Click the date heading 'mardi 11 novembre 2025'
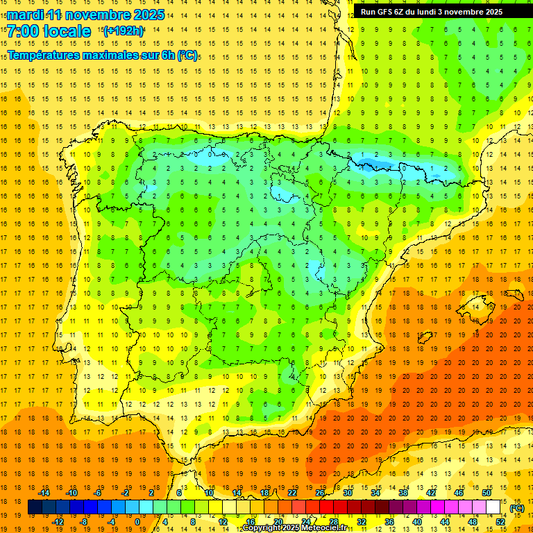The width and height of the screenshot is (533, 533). click(86, 15)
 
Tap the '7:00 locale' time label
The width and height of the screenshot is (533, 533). click(49, 31)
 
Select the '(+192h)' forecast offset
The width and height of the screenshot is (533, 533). click(124, 31)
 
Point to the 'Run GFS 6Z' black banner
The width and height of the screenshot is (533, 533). click(441, 12)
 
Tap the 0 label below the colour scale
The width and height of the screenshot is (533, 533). click(137, 522)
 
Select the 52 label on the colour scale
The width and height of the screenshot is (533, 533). click(500, 522)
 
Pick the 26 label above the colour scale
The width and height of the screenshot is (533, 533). click(320, 493)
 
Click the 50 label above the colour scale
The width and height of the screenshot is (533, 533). click(487, 493)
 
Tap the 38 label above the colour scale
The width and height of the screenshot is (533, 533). click(403, 493)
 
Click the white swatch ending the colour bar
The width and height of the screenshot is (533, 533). click(493, 507)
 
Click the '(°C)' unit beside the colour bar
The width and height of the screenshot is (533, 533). click(517, 508)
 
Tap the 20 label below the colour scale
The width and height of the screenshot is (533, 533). click(278, 522)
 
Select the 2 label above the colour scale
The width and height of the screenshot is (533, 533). click(151, 493)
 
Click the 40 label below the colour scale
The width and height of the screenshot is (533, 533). click(417, 522)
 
